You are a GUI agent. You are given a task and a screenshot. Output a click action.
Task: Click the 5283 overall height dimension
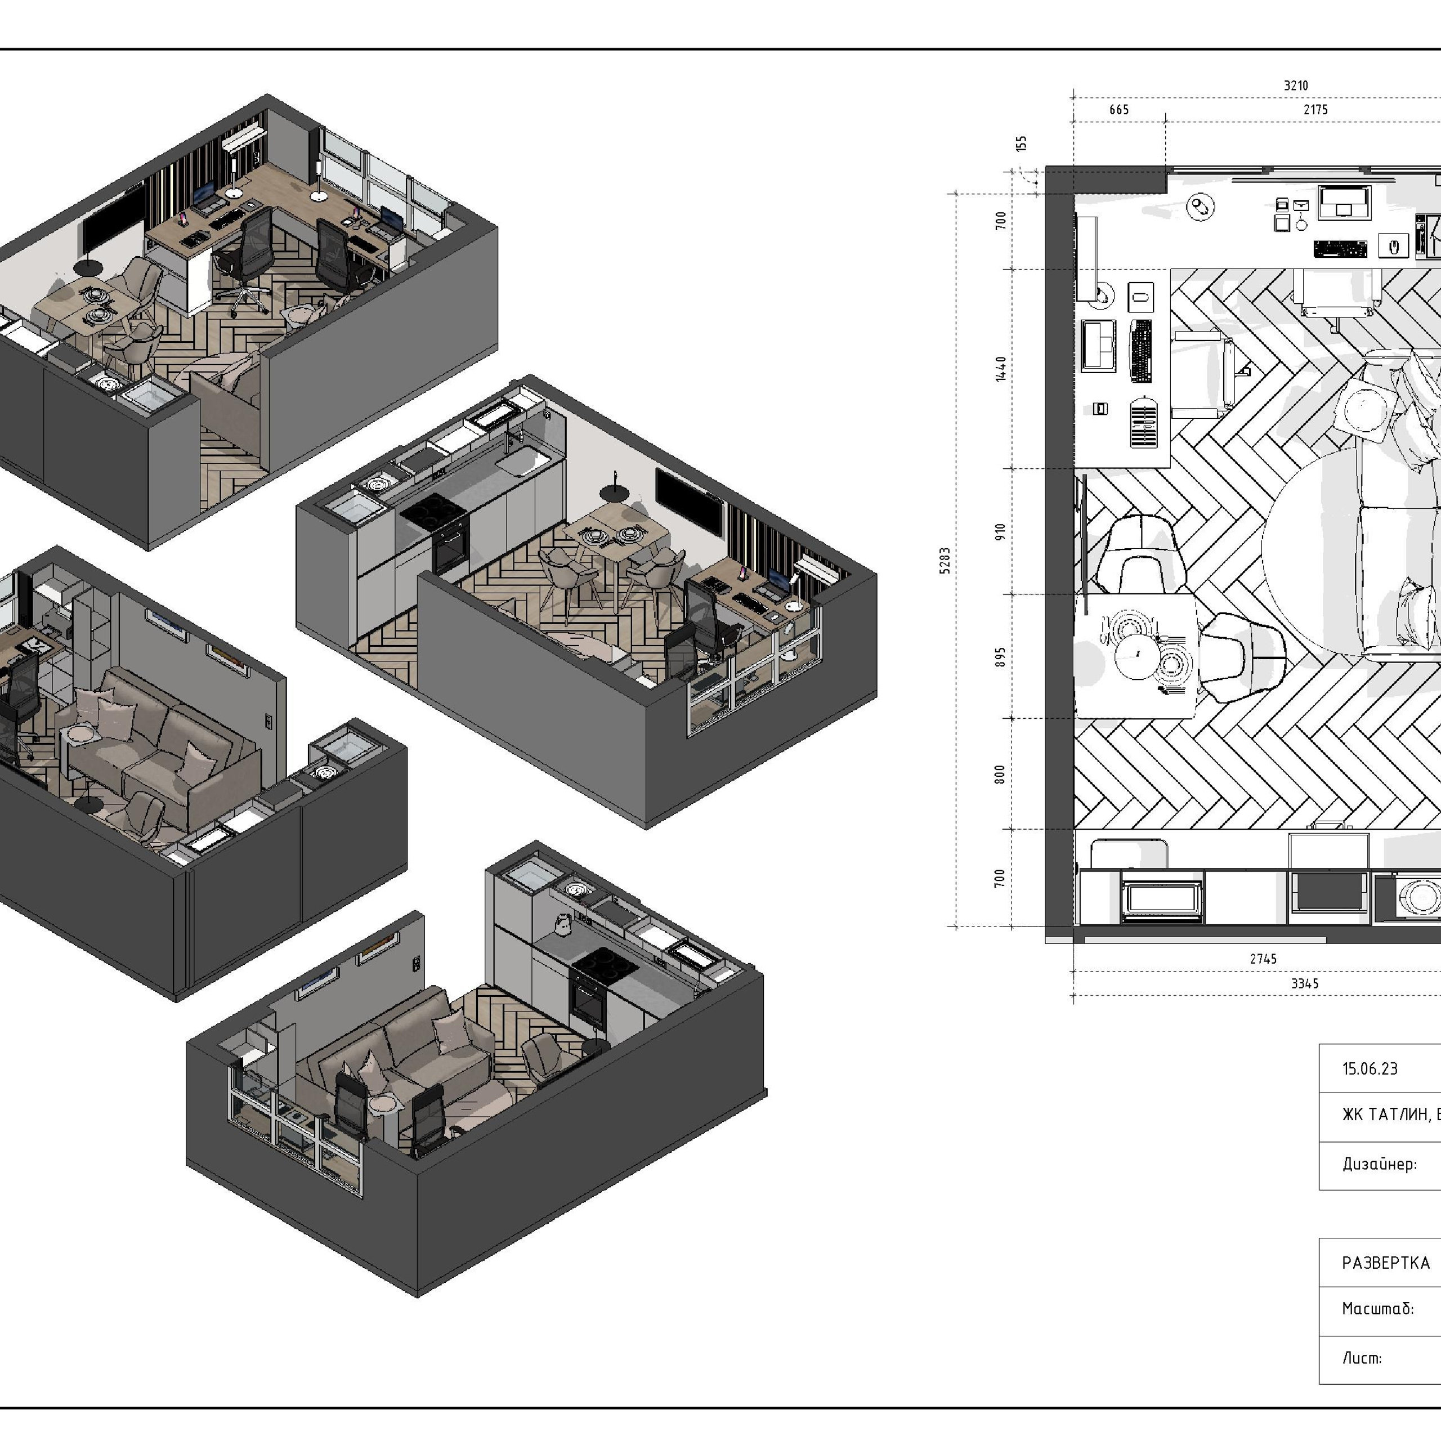pyautogui.click(x=945, y=560)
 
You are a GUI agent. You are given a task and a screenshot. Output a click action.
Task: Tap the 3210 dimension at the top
pyautogui.click(x=1296, y=86)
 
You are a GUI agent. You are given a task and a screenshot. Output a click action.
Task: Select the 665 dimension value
pyautogui.click(x=1119, y=110)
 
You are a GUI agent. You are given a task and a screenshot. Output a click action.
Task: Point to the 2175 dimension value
pyautogui.click(x=1315, y=110)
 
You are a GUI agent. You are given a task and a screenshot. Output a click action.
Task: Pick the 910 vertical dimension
pyautogui.click(x=1000, y=531)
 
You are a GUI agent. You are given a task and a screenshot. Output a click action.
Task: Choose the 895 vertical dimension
pyautogui.click(x=1000, y=656)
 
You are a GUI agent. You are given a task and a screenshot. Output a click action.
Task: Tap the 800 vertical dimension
pyautogui.click(x=1000, y=773)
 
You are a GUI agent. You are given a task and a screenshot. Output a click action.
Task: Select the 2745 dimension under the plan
pyautogui.click(x=1264, y=959)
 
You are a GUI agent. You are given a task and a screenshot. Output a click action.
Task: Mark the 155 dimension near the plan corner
pyautogui.click(x=1022, y=143)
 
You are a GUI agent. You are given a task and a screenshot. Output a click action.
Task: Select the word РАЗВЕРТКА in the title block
pyautogui.click(x=1386, y=1263)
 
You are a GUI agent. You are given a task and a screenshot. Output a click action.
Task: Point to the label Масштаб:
pyautogui.click(x=1377, y=1308)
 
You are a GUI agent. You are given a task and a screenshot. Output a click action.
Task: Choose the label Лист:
pyautogui.click(x=1362, y=1358)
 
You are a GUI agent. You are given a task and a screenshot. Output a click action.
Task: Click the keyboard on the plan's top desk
pyautogui.click(x=1340, y=248)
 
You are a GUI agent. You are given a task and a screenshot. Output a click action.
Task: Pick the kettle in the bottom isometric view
pyautogui.click(x=562, y=924)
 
